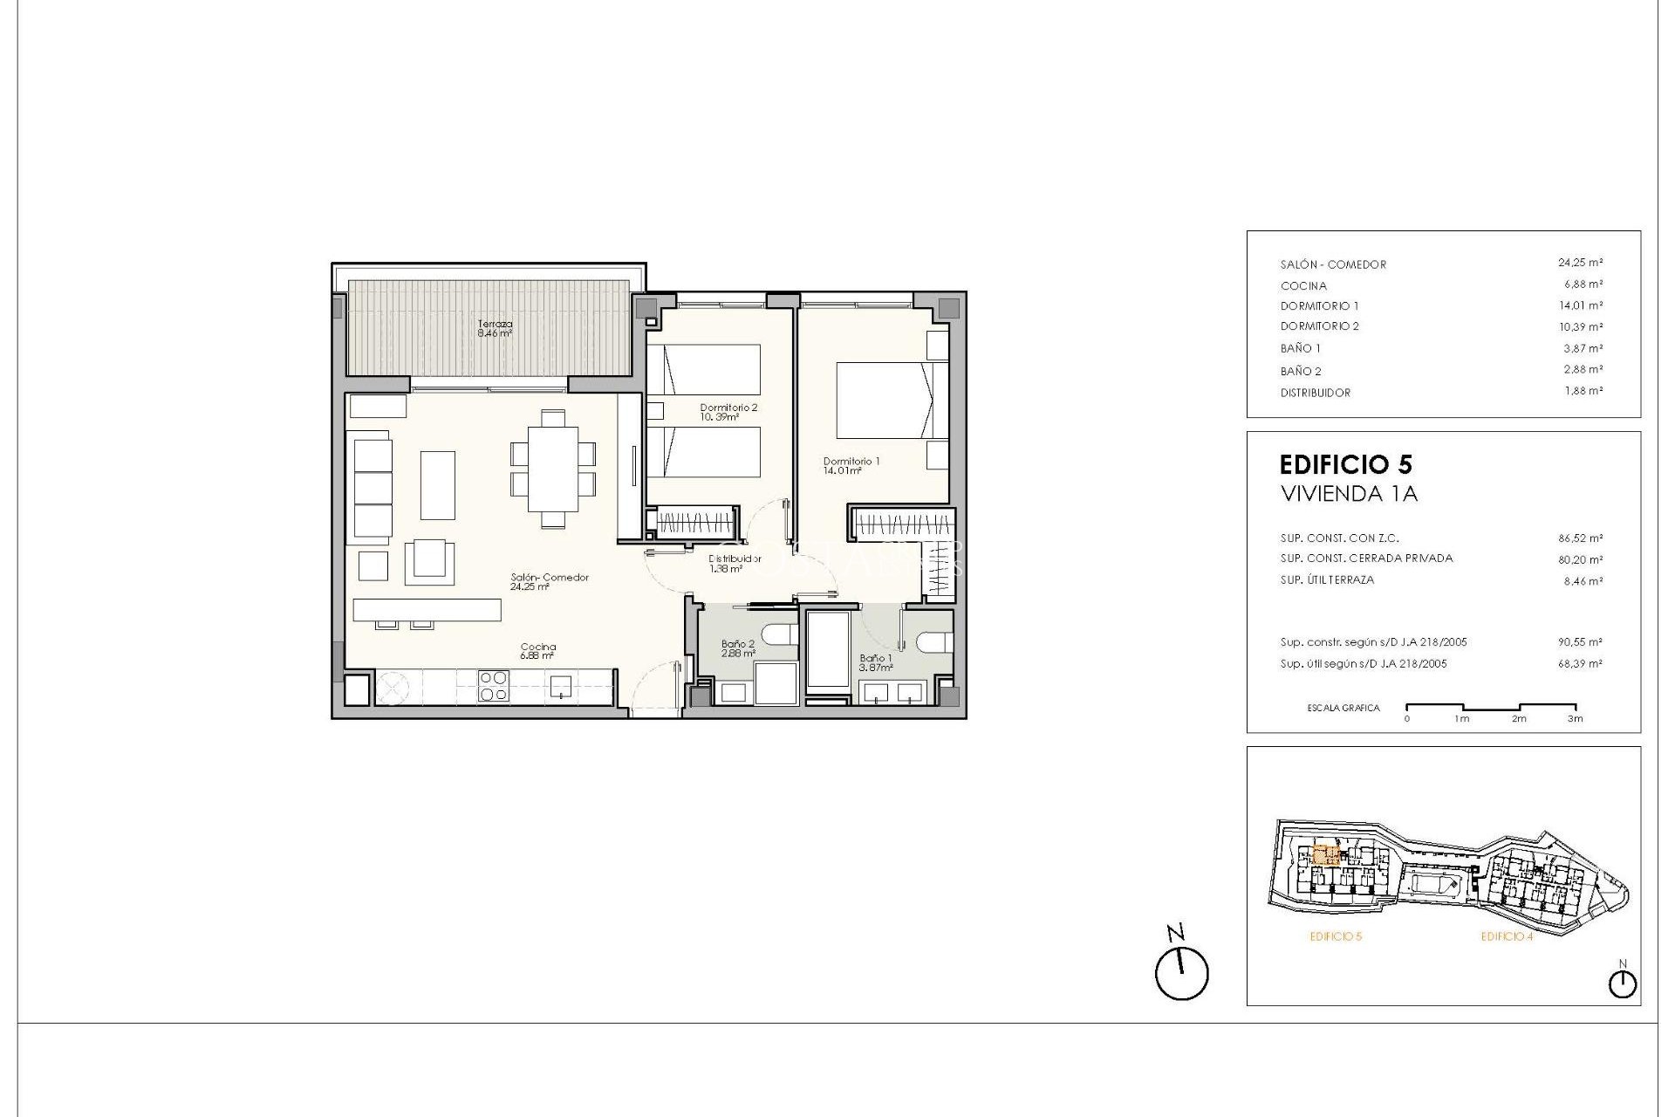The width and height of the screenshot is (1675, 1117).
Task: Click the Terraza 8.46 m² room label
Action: (495, 328)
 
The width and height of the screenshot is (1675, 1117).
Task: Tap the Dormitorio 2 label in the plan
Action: (728, 412)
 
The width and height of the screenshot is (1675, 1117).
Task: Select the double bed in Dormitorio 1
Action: (885, 401)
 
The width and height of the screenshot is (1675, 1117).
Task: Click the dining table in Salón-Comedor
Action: (552, 469)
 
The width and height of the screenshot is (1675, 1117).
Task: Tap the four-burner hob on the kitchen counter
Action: (494, 685)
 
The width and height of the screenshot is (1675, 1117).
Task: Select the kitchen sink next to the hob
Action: (560, 686)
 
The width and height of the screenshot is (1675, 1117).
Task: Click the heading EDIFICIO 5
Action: (1345, 464)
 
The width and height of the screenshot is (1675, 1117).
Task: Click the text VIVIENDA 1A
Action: (1349, 494)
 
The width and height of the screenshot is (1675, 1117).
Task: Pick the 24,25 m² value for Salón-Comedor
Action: (1580, 263)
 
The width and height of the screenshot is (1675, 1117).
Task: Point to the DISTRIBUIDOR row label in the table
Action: (1315, 393)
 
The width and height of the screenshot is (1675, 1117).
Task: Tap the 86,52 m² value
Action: (1580, 538)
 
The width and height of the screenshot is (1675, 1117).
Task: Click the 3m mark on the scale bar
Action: (1575, 718)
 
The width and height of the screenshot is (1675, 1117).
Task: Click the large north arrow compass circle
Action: (1181, 974)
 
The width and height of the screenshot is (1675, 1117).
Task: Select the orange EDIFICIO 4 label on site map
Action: (1507, 936)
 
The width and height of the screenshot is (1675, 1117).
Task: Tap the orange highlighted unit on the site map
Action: (1326, 854)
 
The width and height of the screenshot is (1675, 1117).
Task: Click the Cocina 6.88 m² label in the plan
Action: (537, 651)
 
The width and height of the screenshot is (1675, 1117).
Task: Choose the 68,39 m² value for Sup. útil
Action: (1580, 664)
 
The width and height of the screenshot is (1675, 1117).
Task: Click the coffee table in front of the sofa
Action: (438, 485)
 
